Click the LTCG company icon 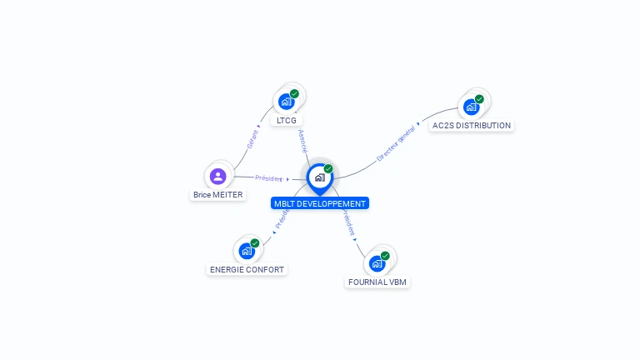click(287, 102)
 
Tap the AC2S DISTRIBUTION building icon click(472, 107)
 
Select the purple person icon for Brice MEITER click(218, 176)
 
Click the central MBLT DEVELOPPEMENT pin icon click(320, 177)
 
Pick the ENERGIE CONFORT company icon click(247, 250)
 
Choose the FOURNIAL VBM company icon click(377, 263)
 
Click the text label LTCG click(287, 121)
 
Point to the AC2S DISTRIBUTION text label click(472, 126)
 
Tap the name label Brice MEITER click(218, 195)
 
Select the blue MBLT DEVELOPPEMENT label click(320, 203)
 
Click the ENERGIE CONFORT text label click(247, 270)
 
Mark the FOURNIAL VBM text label click(378, 282)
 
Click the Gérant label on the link click(252, 139)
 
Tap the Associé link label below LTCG click(302, 140)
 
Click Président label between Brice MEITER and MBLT click(269, 178)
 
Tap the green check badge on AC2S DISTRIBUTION click(479, 99)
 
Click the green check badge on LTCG click(294, 94)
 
